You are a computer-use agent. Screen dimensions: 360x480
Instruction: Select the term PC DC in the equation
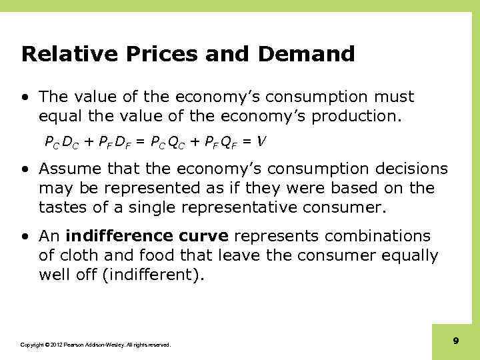(x=61, y=141)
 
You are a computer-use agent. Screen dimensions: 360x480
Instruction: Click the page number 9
(x=456, y=341)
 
